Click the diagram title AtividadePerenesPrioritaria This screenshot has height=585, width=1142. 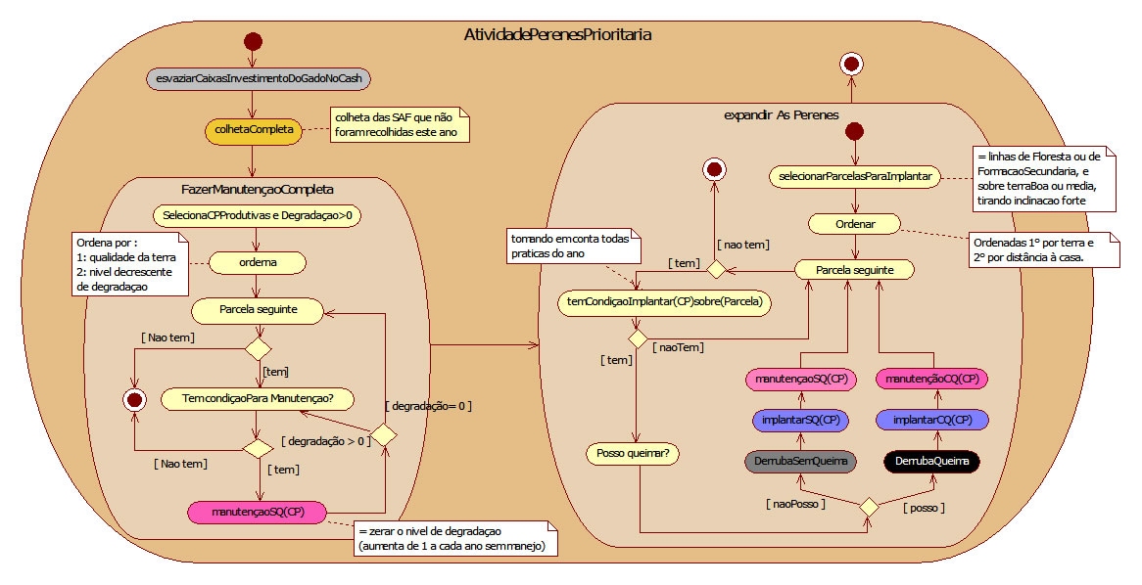(x=557, y=34)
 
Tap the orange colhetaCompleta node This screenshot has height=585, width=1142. (x=254, y=131)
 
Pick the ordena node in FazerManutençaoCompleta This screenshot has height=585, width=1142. (x=258, y=262)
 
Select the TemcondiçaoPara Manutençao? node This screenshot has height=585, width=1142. (x=256, y=398)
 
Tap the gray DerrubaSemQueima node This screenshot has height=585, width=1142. (x=799, y=460)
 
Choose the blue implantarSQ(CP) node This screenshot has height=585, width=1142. (x=799, y=420)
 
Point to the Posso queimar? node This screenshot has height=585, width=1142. (x=635, y=453)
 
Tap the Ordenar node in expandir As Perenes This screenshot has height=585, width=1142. (x=855, y=224)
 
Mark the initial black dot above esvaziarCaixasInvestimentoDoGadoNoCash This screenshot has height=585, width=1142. (x=253, y=41)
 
